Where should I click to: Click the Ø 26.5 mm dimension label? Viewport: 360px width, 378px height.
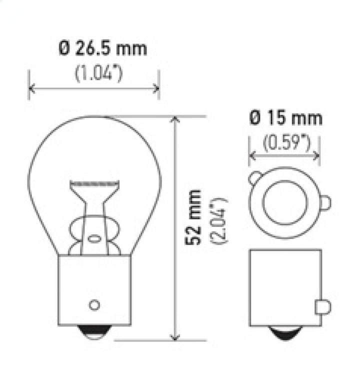[103, 49]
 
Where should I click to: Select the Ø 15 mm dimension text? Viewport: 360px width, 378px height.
[285, 118]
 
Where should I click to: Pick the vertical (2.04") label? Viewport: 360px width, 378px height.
[220, 220]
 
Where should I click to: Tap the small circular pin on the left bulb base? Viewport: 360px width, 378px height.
[93, 304]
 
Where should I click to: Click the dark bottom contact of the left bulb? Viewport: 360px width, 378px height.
[94, 332]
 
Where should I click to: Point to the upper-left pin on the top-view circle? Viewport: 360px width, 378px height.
[255, 177]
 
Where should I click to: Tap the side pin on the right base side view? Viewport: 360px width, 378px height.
[322, 305]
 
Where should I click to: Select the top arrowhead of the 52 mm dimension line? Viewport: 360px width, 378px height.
[174, 120]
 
